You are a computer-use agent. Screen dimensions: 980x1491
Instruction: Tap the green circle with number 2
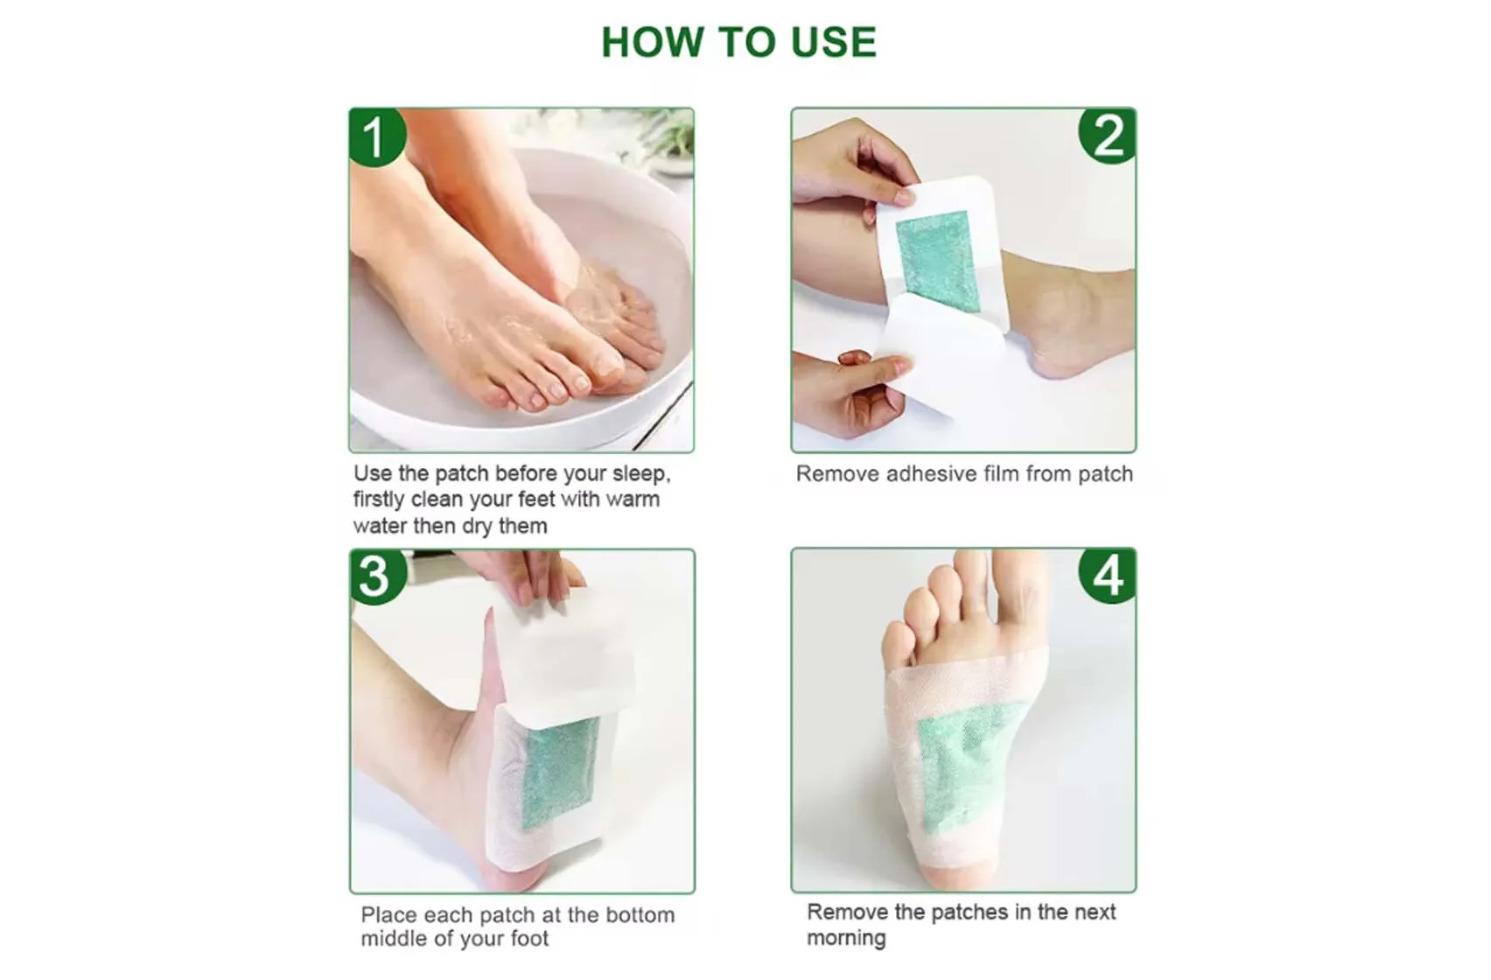(x=1109, y=136)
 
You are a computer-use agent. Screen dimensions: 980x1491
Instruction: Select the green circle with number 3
(x=375, y=577)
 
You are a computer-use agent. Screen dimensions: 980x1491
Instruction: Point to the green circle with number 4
(x=1108, y=575)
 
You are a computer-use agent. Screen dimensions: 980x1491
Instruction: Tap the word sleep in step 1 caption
(x=640, y=474)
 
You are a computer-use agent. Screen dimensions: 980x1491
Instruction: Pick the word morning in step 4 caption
(x=846, y=939)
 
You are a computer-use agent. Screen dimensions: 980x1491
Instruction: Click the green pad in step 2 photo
(x=934, y=253)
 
